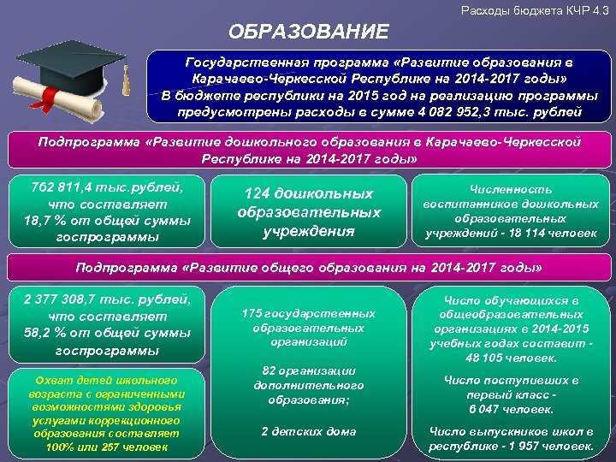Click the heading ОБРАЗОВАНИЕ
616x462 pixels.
point(308,33)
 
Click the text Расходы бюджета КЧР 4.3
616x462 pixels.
point(535,9)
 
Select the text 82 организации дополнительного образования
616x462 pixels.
point(308,384)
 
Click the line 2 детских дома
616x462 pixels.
point(308,430)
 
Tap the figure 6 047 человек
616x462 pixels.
point(511,410)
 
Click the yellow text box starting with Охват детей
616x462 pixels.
point(103,411)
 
